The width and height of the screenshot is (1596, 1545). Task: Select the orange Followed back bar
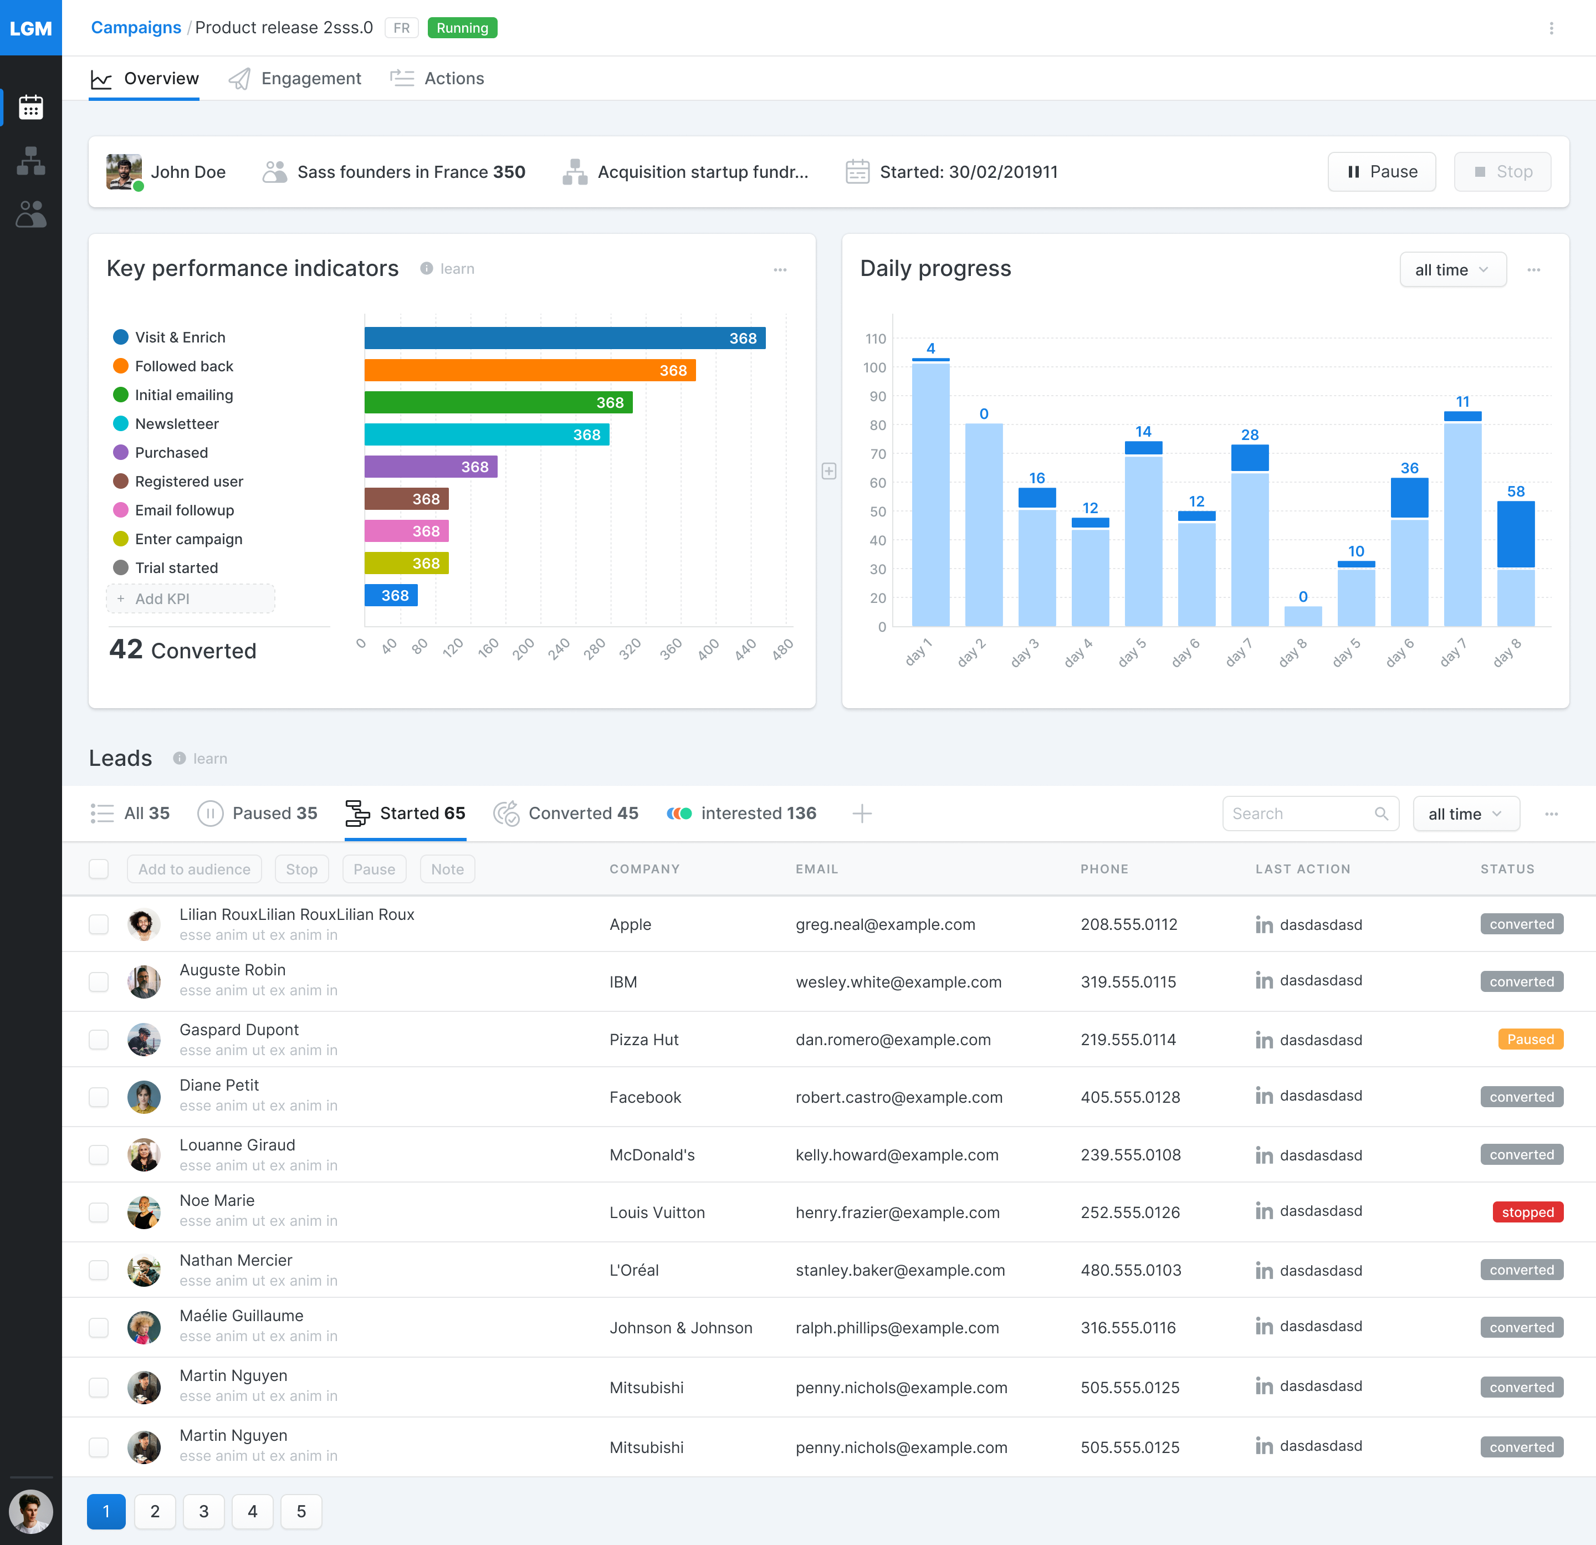[529, 370]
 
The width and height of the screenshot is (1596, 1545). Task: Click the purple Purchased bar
[430, 467]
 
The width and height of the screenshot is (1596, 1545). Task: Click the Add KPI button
[191, 598]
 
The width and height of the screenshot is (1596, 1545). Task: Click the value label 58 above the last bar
[1516, 491]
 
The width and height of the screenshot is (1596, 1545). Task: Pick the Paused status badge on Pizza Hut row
[1530, 1039]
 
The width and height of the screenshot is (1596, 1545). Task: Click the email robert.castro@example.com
[899, 1097]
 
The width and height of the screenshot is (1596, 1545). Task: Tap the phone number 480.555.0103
[1130, 1270]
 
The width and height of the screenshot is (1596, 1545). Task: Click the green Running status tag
[462, 28]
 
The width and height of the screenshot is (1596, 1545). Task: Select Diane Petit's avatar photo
[144, 1096]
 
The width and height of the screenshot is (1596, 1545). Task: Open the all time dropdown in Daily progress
[1452, 269]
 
